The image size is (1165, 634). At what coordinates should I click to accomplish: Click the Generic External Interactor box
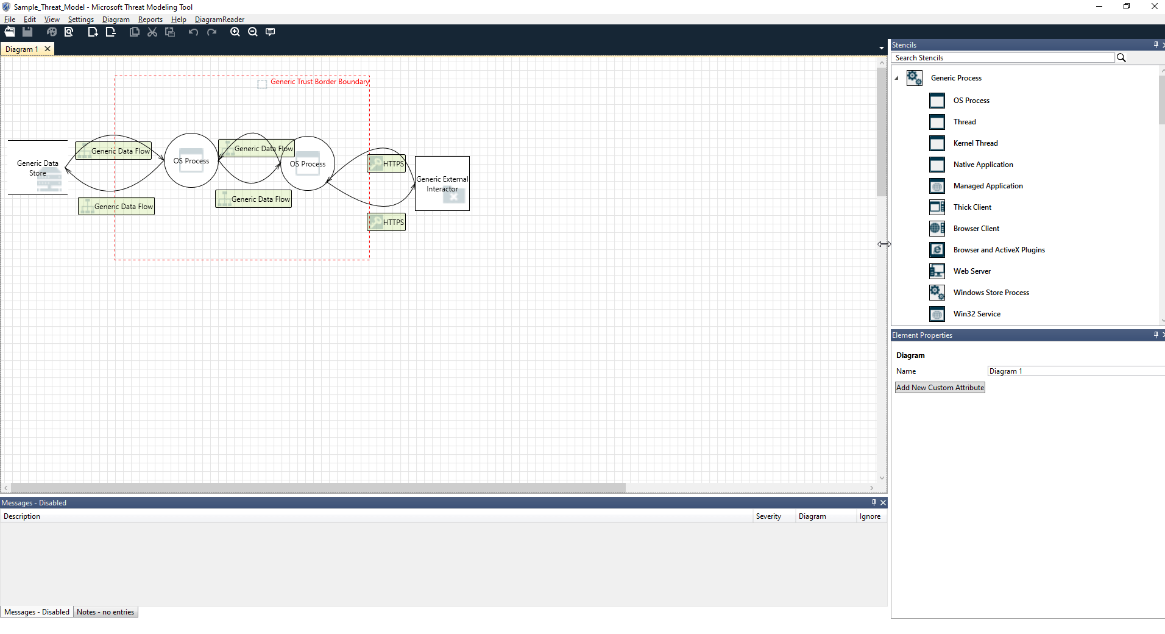click(442, 183)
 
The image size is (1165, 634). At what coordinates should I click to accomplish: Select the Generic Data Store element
click(38, 168)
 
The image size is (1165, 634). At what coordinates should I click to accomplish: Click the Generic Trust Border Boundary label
click(320, 82)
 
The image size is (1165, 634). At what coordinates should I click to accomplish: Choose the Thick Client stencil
click(972, 207)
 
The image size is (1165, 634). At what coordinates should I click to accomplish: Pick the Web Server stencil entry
click(972, 271)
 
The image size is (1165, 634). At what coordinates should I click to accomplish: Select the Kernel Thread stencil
click(976, 143)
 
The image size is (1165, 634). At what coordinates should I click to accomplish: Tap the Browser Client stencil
click(976, 229)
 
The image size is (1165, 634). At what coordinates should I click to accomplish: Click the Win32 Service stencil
click(977, 314)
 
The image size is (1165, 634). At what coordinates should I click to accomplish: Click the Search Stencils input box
click(1003, 58)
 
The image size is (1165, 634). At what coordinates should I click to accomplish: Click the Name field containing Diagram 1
click(1076, 371)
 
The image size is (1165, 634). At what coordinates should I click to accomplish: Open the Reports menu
click(150, 20)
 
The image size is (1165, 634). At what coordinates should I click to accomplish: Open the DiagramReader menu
click(219, 20)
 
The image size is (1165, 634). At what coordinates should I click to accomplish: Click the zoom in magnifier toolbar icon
click(235, 32)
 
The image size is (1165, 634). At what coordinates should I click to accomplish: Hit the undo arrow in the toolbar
click(193, 32)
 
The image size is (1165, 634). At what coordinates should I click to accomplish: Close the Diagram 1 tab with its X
click(48, 49)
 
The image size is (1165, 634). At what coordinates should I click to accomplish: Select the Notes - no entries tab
click(105, 612)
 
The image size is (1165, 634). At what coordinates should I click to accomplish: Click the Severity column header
click(768, 516)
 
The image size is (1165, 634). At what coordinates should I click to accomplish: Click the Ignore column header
click(870, 516)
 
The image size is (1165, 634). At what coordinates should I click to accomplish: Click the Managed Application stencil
click(988, 186)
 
